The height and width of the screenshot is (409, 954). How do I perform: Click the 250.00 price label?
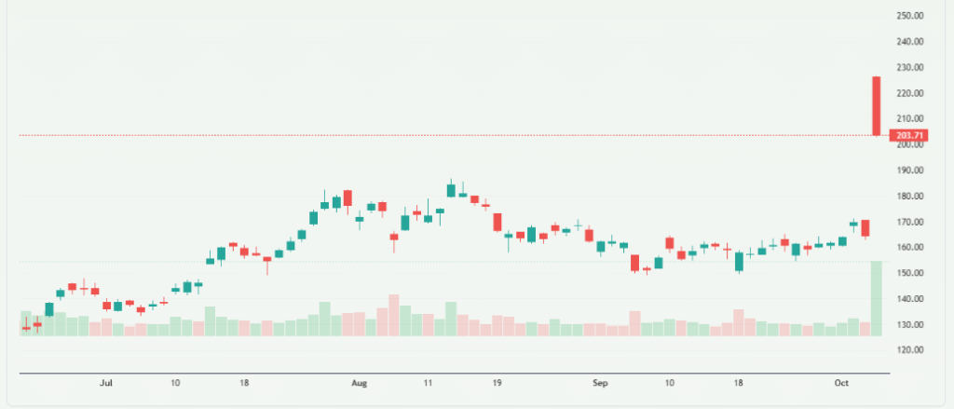(x=909, y=16)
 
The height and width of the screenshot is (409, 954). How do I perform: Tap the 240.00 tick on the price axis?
(x=909, y=42)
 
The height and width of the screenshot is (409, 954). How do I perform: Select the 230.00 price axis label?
(x=909, y=68)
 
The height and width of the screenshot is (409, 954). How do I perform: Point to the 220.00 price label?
(x=909, y=94)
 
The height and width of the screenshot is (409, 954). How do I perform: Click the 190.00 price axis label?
(x=909, y=171)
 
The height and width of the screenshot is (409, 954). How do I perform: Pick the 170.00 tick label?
(x=909, y=223)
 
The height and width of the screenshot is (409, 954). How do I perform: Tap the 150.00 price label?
(x=909, y=274)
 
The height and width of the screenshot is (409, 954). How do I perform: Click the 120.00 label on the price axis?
(x=909, y=350)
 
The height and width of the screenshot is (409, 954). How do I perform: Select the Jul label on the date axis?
(x=106, y=383)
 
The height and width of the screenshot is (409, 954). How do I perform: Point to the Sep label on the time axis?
(x=600, y=383)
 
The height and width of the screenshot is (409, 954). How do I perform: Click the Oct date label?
(x=841, y=383)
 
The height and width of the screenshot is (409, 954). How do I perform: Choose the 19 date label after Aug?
(x=497, y=383)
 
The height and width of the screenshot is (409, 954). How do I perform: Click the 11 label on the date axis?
(x=428, y=383)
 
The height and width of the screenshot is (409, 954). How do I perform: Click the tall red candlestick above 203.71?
(x=877, y=105)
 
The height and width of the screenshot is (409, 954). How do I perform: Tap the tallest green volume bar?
(x=877, y=298)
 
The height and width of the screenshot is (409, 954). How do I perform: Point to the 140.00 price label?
(x=909, y=299)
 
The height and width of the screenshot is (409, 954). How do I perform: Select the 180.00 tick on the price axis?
(x=909, y=197)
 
